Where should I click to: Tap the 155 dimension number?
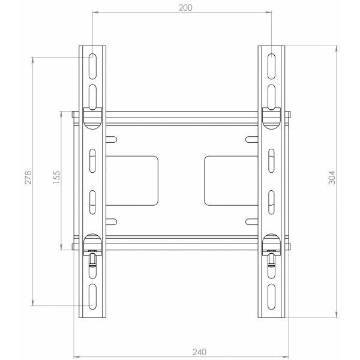(x=56, y=181)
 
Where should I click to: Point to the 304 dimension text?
(x=332, y=179)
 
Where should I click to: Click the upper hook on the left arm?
(x=92, y=118)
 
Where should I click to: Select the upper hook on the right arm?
(x=271, y=118)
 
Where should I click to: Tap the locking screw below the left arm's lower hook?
(x=92, y=259)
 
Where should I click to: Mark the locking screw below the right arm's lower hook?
(x=271, y=259)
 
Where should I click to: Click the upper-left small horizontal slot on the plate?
(x=112, y=140)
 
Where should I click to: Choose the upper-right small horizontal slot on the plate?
(x=251, y=140)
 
